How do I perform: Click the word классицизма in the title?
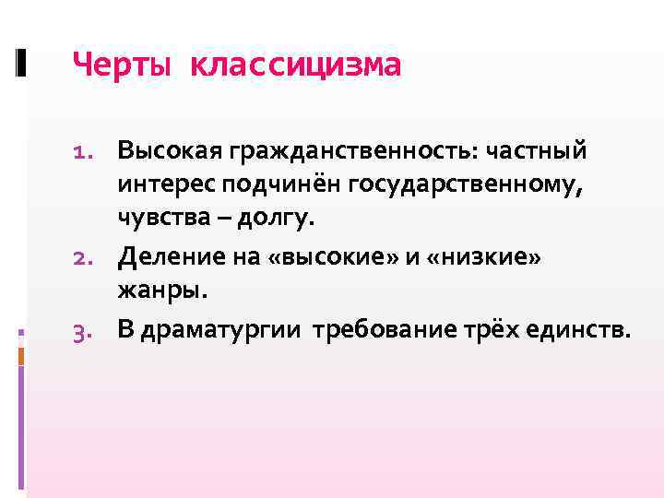pos(296,65)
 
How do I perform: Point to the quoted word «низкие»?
pos(470,257)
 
